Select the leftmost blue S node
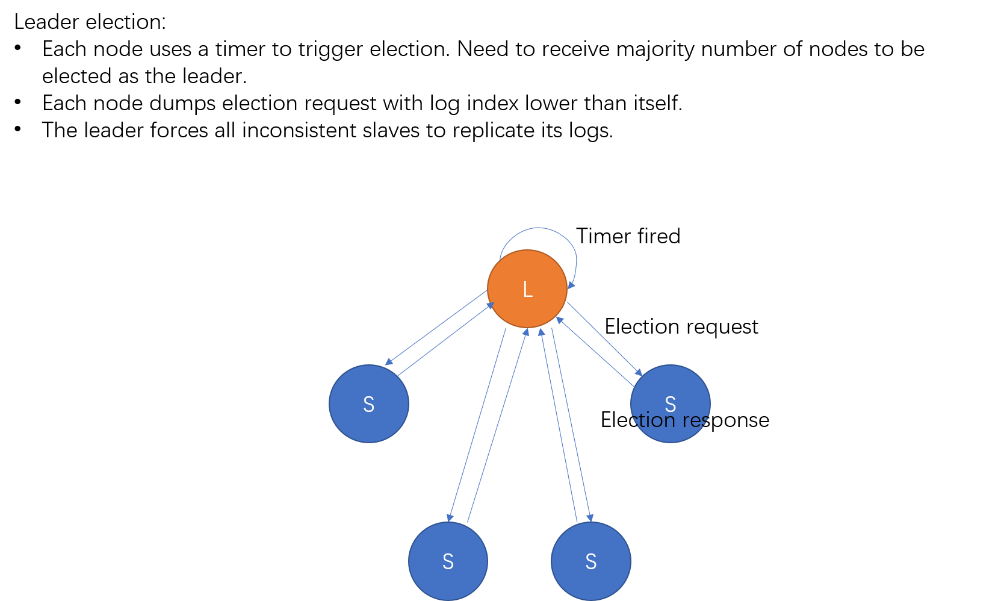tap(368, 403)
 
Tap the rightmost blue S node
tap(670, 391)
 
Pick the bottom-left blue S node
tap(448, 561)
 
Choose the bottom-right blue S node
tap(590, 561)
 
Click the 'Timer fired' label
tap(628, 236)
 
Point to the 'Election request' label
tap(681, 326)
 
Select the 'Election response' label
tap(684, 420)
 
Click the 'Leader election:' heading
tap(90, 22)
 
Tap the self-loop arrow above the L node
tap(538, 229)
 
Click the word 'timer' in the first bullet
tap(240, 49)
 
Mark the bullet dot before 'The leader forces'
tap(18, 129)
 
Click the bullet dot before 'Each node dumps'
tap(18, 102)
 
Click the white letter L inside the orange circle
tap(527, 290)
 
